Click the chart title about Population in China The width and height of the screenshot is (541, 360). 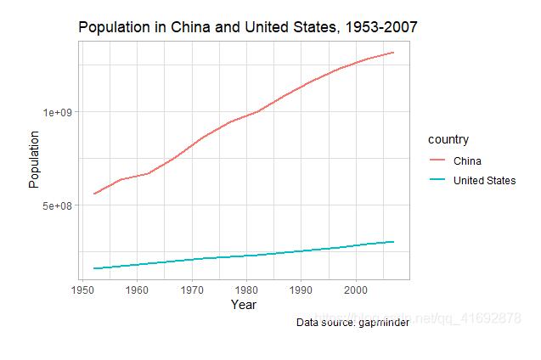247,27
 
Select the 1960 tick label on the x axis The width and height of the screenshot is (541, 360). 137,290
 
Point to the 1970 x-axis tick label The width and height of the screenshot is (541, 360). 192,290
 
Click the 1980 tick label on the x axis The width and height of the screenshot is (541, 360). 246,290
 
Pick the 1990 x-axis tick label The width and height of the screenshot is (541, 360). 301,290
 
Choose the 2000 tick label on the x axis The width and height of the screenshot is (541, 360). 356,290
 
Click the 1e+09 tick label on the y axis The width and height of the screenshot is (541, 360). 60,112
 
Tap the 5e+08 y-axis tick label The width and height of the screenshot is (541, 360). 60,205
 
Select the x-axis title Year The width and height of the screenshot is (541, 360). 244,305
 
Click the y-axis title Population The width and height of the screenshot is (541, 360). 34,159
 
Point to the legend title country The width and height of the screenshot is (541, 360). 448,139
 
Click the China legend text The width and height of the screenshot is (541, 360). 467,161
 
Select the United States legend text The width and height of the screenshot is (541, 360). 484,180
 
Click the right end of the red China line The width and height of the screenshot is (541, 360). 394,53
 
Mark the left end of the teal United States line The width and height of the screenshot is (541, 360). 94,268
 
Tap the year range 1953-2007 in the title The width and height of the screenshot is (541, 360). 380,27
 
